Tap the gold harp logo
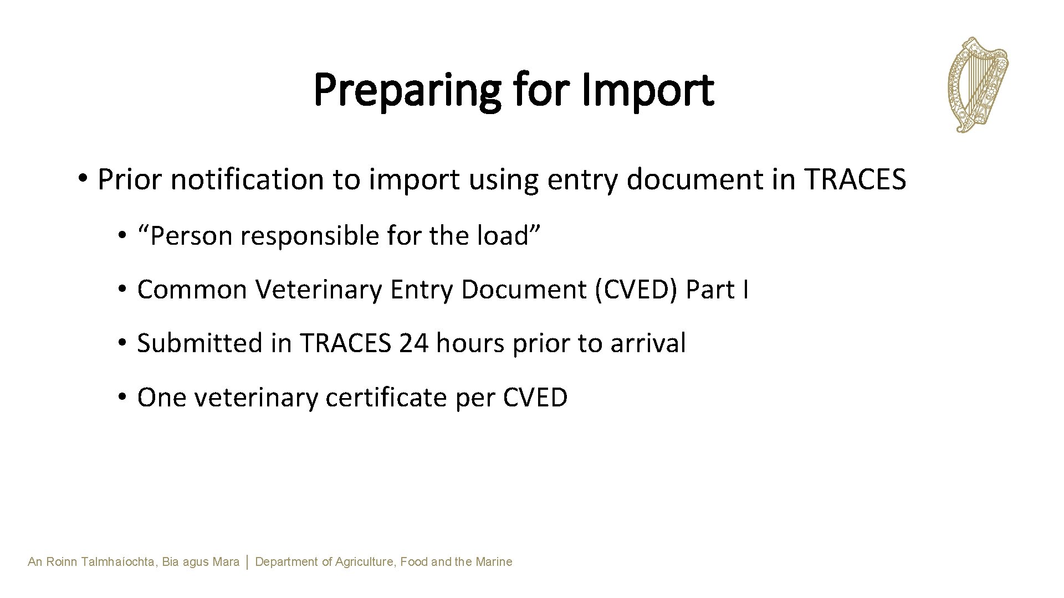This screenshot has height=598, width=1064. [978, 84]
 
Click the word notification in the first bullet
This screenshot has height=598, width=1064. [247, 179]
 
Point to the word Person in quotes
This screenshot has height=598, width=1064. [190, 236]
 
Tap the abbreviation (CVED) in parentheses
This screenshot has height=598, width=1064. [636, 289]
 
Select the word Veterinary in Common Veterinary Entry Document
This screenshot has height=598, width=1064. [319, 289]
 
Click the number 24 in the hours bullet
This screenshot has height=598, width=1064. [413, 343]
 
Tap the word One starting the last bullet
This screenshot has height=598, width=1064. [161, 397]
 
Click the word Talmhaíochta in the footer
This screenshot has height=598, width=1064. [119, 562]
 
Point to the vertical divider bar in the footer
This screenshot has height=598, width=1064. [247, 562]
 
